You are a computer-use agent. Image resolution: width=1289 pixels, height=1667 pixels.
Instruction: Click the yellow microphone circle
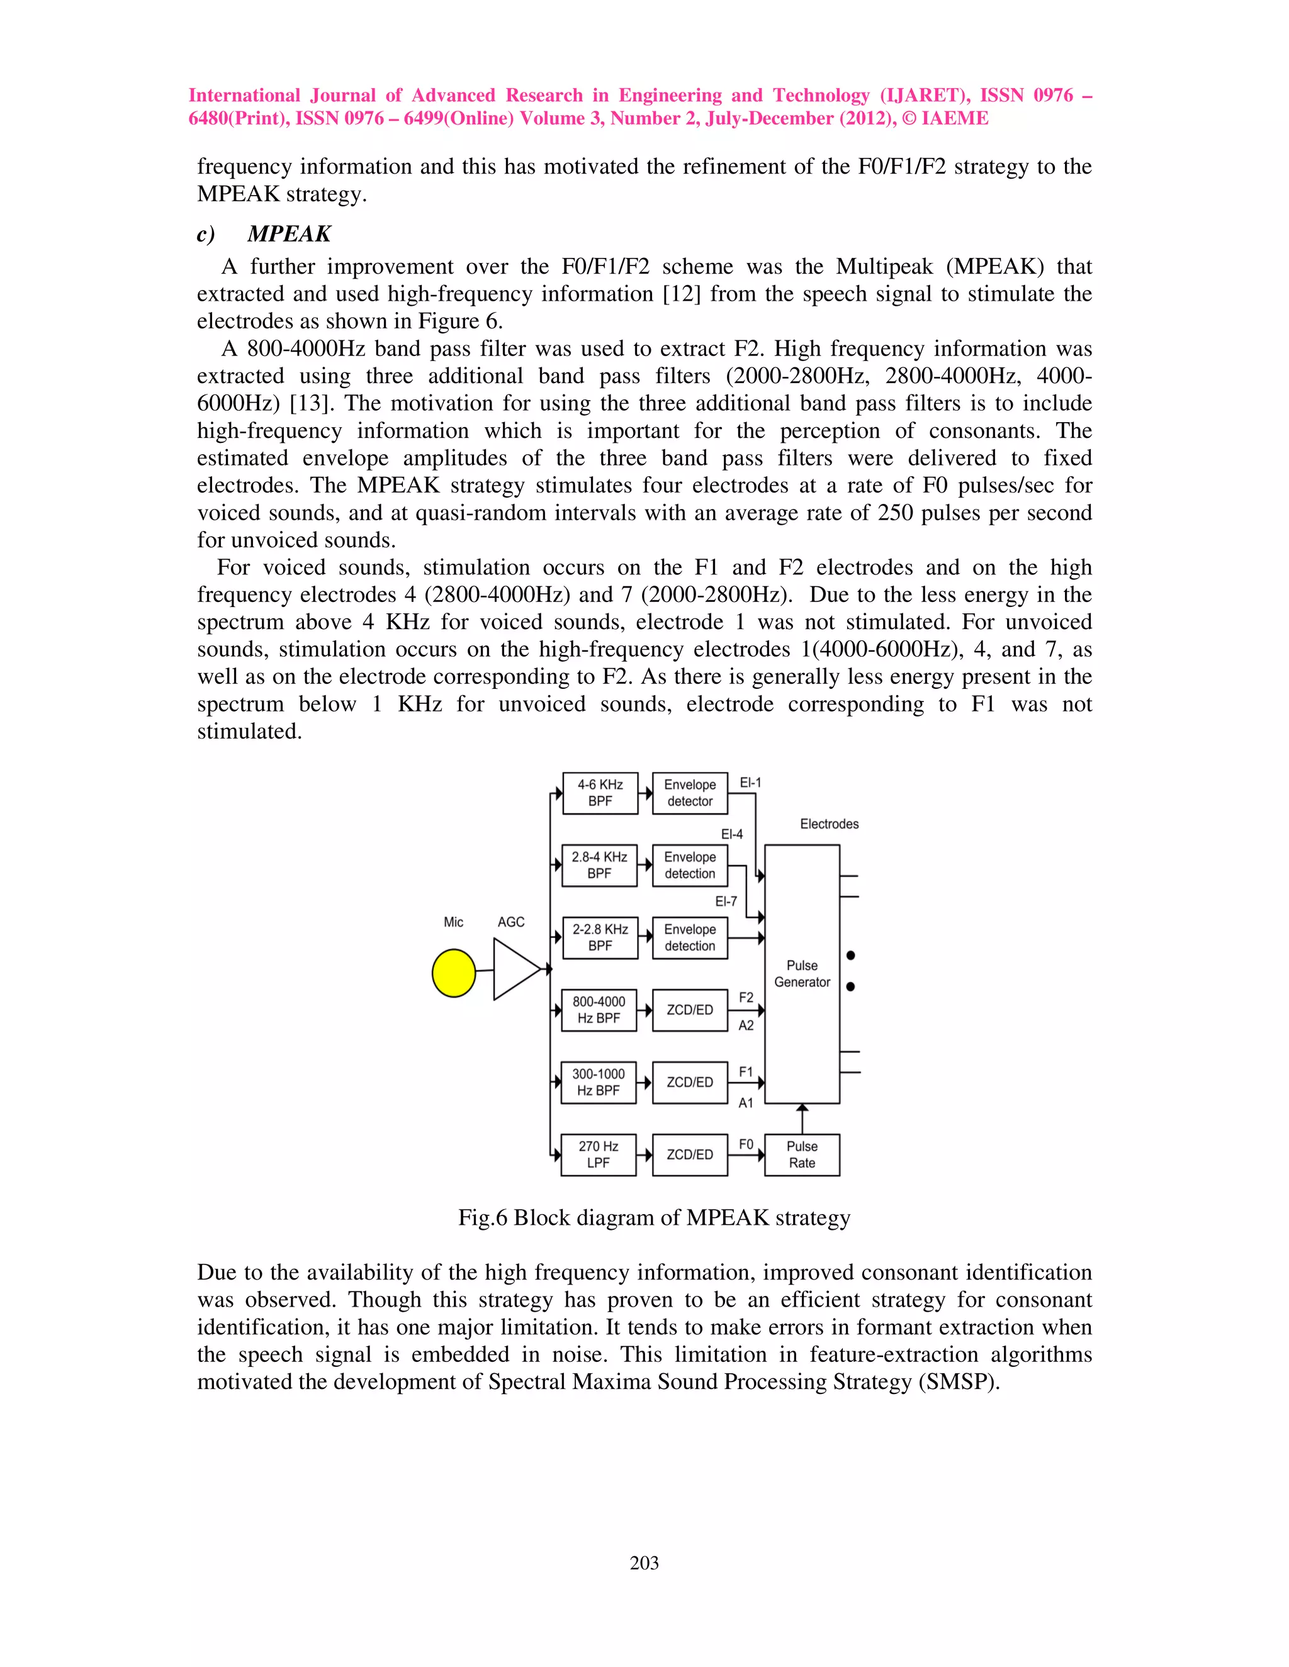point(454,973)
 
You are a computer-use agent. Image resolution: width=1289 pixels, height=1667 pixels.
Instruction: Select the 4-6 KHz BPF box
point(600,793)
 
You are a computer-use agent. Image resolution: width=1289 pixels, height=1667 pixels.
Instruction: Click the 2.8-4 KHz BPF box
point(599,866)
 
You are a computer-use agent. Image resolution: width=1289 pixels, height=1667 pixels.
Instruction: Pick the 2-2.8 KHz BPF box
point(600,937)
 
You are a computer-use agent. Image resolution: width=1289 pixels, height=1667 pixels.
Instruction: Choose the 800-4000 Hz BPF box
point(599,1010)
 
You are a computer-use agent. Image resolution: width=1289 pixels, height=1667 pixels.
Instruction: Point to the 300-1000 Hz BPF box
point(599,1083)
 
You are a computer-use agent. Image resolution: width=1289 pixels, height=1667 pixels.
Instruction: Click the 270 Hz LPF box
point(599,1155)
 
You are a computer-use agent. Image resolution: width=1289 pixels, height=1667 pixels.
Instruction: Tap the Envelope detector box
point(690,793)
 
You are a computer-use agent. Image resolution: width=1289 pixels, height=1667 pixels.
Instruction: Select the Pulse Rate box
point(802,1155)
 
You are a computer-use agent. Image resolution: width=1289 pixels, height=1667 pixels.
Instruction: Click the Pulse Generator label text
point(802,974)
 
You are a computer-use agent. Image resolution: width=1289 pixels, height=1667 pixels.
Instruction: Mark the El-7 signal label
point(726,901)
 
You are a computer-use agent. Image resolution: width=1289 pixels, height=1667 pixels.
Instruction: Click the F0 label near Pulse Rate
point(746,1144)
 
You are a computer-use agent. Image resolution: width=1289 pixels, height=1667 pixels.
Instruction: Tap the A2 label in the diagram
point(746,1026)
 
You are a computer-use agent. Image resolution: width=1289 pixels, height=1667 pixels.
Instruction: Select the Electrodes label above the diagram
point(830,824)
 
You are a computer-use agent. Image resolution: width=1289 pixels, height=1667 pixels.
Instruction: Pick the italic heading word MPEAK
point(290,233)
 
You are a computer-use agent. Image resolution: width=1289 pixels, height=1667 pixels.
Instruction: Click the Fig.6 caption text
point(654,1217)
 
